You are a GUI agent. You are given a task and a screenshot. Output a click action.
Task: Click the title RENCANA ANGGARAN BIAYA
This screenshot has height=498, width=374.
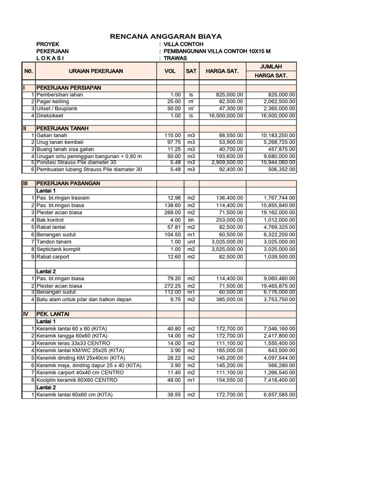pos(166,36)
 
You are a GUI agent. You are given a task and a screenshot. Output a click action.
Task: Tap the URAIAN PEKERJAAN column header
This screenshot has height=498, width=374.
pos(96,71)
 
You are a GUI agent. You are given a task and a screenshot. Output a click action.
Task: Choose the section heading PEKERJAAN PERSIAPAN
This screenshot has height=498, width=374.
pos(68,88)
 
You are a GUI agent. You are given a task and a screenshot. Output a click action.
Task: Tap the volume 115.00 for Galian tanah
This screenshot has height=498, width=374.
pos(173,135)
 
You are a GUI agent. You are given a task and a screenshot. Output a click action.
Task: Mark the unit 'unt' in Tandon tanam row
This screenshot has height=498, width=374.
pos(191,242)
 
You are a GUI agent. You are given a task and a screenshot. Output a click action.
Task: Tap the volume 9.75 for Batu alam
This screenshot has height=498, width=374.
pos(174,300)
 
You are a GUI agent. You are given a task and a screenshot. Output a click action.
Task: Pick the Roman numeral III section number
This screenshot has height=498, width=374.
pos(26,183)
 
